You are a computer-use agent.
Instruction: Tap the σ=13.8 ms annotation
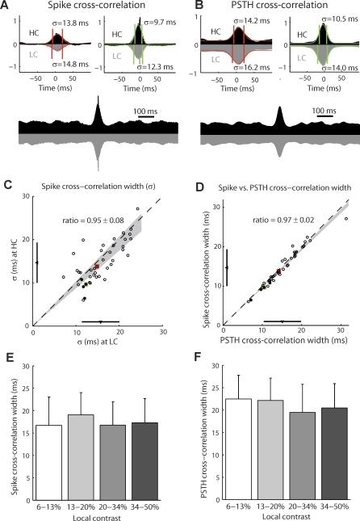(72, 28)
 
